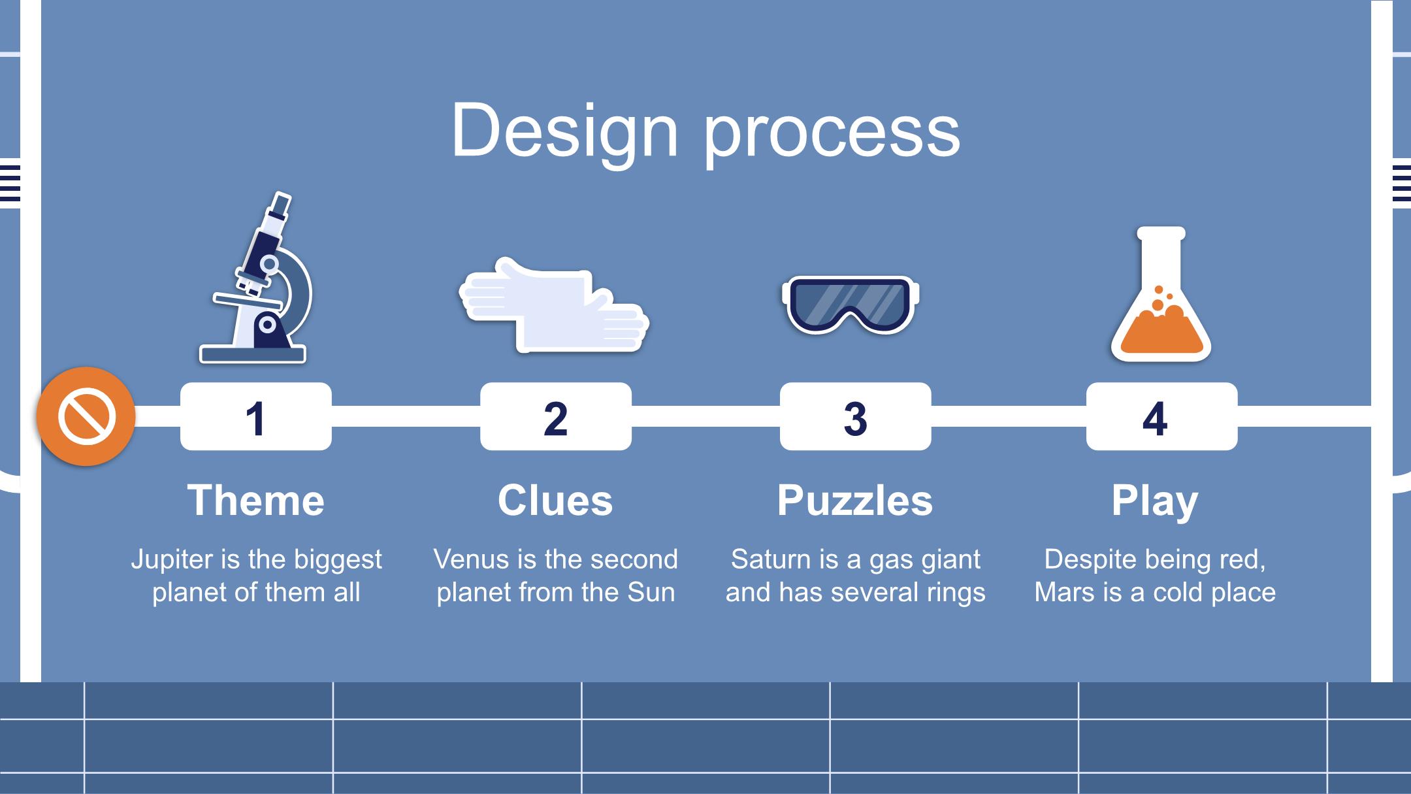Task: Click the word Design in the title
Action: (565, 131)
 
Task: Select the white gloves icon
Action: (554, 305)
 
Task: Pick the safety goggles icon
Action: (851, 305)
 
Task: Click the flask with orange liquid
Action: (1161, 294)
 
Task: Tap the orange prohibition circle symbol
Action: (86, 416)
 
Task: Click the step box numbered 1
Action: (256, 416)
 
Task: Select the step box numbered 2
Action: (556, 416)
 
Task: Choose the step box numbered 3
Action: (856, 416)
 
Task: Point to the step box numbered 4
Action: (1161, 416)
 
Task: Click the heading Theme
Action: (256, 501)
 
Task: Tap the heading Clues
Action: (555, 501)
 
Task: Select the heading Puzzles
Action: (855, 502)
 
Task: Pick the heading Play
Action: (1155, 502)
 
